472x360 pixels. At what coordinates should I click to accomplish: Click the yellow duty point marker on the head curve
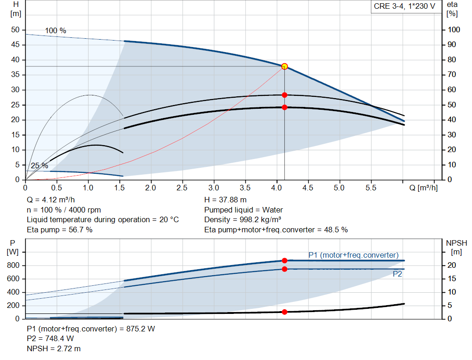click(284, 66)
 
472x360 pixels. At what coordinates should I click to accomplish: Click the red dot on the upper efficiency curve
click(284, 95)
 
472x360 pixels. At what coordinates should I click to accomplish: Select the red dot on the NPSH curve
click(284, 312)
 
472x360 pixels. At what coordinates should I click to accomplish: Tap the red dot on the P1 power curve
click(284, 260)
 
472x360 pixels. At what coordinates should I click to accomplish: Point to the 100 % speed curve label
click(55, 31)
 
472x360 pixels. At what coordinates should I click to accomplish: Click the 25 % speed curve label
click(39, 165)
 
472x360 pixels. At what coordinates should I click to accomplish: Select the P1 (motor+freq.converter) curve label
click(354, 255)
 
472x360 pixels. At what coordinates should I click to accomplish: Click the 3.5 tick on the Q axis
click(245, 188)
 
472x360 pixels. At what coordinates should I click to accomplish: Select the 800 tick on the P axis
click(14, 266)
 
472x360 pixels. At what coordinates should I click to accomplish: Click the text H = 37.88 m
click(225, 200)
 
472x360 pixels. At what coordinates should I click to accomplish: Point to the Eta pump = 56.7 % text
click(59, 230)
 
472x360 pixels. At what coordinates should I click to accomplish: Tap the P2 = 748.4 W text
click(50, 339)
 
